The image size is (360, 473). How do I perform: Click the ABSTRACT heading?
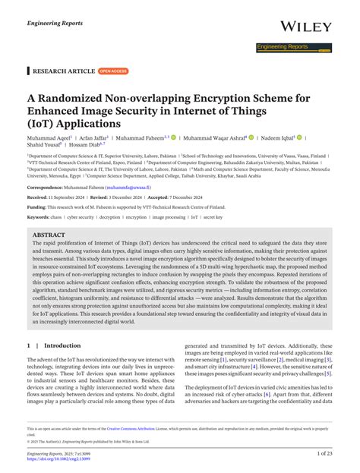(x=49, y=235)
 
